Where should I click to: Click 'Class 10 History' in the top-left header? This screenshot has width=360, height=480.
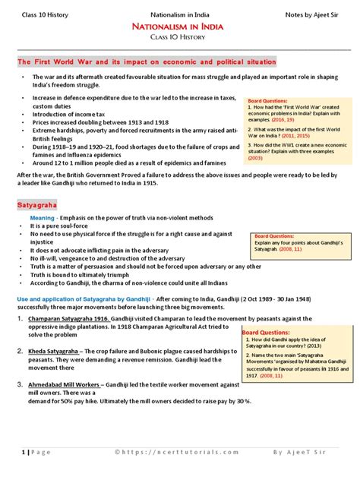(47, 12)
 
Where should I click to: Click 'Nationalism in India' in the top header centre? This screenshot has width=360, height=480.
(180, 12)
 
